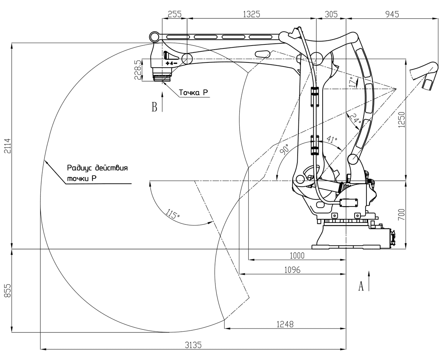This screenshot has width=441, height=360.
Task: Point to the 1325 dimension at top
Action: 251,14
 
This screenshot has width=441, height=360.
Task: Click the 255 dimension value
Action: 175,14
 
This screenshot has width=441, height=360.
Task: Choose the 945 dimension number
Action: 392,14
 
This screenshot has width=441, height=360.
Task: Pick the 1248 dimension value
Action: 285,324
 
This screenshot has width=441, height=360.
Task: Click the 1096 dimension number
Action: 292,270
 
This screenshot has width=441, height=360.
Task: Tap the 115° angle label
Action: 172,214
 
